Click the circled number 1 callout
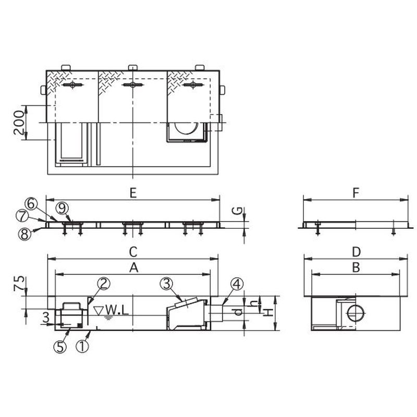pyautogui.click(x=82, y=347)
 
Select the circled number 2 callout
pyautogui.click(x=103, y=284)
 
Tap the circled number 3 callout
pyautogui.click(x=166, y=284)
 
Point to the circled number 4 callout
pyautogui.click(x=237, y=284)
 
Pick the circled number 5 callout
pyautogui.click(x=60, y=347)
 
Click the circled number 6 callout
pyautogui.click(x=31, y=204)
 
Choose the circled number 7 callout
pyautogui.click(x=22, y=216)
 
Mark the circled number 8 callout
pyautogui.click(x=24, y=234)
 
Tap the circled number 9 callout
pyautogui.click(x=62, y=208)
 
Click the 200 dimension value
pyautogui.click(x=19, y=123)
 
